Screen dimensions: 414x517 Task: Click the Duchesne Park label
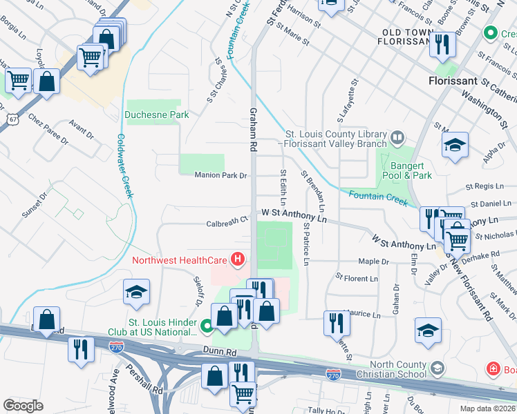[x=157, y=115]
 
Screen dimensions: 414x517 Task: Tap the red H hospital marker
[x=238, y=260]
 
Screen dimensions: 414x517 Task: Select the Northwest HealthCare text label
[x=181, y=260]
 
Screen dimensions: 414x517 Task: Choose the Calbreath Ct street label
[x=227, y=223]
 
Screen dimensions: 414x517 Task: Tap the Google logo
[x=23, y=406]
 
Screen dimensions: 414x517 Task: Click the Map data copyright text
[x=486, y=408]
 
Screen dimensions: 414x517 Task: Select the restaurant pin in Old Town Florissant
[x=442, y=45]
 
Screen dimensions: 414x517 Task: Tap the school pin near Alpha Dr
[x=455, y=146]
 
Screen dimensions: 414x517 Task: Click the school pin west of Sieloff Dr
[x=137, y=292]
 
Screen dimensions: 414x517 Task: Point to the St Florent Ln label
[x=357, y=278]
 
